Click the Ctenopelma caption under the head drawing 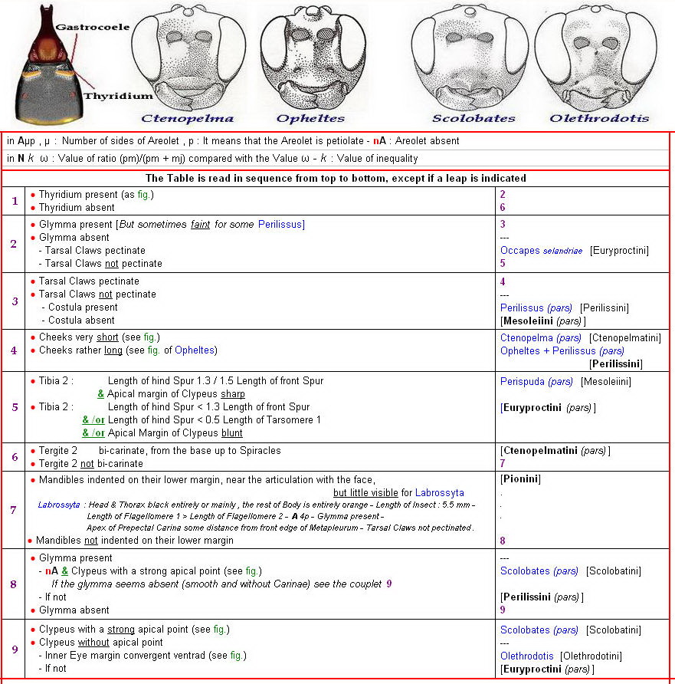point(187,118)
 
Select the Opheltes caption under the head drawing point(310,118)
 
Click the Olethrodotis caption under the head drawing point(599,118)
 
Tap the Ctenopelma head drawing point(187,57)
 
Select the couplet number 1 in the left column point(14,201)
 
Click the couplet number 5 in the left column point(14,407)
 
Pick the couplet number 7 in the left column point(14,510)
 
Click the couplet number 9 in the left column point(14,649)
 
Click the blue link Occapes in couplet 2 point(520,251)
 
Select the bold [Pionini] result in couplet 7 point(520,479)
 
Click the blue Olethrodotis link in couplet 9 point(527,656)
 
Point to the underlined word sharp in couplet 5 point(233,394)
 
